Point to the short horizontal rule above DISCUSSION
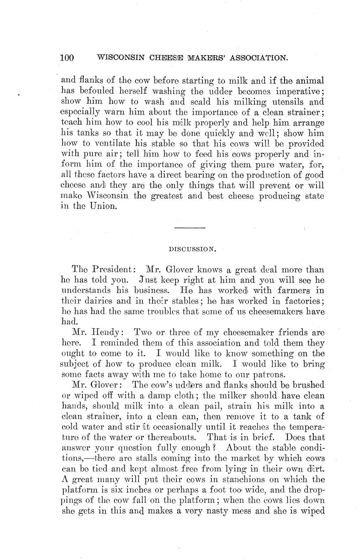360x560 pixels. coord(190,227)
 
